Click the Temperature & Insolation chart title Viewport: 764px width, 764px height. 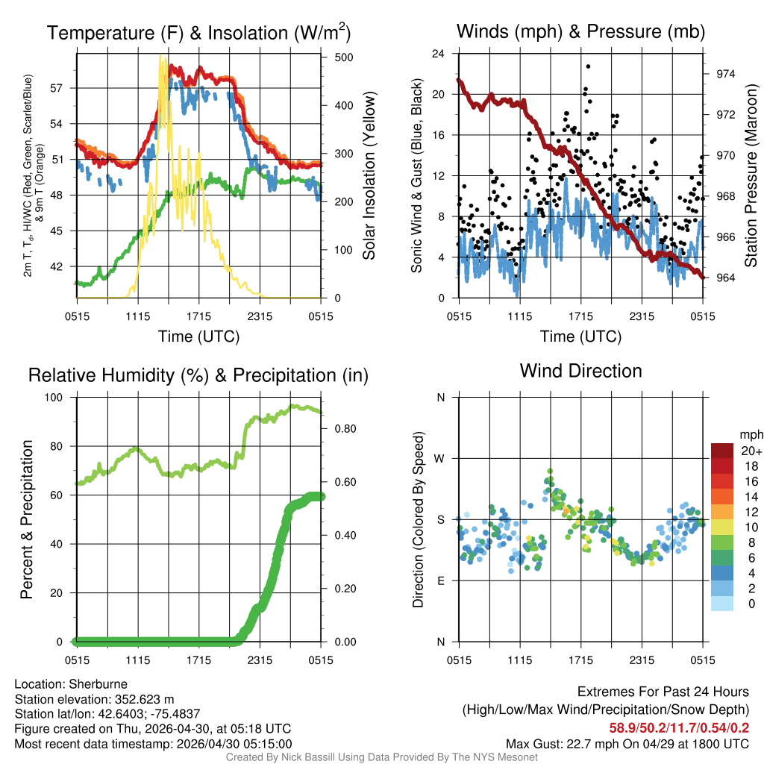(x=198, y=33)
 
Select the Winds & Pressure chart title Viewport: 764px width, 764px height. (x=580, y=31)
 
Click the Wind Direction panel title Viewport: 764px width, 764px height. (x=580, y=371)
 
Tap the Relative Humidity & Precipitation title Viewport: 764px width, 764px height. (x=198, y=375)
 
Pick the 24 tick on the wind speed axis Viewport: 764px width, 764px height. (x=439, y=54)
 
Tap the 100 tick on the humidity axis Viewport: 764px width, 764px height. (x=60, y=398)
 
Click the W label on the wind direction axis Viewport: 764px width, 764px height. (x=440, y=459)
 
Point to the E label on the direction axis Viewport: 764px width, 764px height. (x=441, y=580)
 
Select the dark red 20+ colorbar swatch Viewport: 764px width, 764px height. (x=722, y=450)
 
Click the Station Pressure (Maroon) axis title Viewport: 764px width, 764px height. (x=751, y=175)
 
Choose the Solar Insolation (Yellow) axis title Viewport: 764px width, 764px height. (x=369, y=175)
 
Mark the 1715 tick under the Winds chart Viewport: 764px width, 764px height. (x=580, y=316)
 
